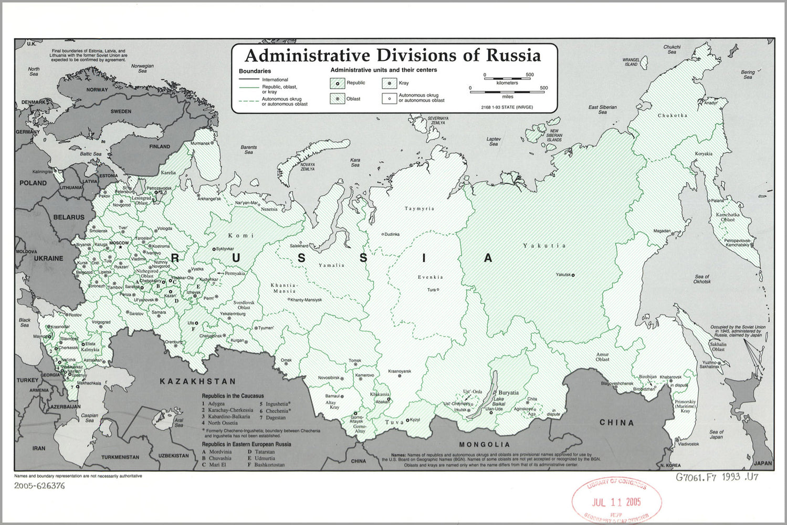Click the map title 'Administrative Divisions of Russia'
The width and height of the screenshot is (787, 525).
point(393,56)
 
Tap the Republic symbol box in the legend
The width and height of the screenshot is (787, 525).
point(337,83)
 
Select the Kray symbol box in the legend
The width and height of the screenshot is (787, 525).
point(389,83)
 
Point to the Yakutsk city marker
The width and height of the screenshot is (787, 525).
point(573,275)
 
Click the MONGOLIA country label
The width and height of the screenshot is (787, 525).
point(484,445)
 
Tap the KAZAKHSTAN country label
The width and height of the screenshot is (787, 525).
point(198,382)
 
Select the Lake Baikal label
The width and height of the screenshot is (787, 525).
point(498,401)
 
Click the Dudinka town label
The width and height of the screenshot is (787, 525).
point(392,234)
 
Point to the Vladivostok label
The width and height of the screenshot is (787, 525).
point(688,444)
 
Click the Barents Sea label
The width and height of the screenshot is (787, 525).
point(249,150)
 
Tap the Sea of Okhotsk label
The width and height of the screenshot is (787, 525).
point(702,279)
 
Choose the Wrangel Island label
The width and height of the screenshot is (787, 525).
point(631,62)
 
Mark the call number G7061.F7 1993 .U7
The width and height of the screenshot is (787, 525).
point(717,477)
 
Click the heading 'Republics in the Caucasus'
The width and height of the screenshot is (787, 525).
point(233,396)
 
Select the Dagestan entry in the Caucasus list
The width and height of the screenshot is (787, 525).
point(276,418)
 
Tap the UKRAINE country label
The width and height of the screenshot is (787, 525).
point(48,258)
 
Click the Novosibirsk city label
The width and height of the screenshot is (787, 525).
point(329,378)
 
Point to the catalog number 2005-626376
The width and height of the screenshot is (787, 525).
point(39,486)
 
